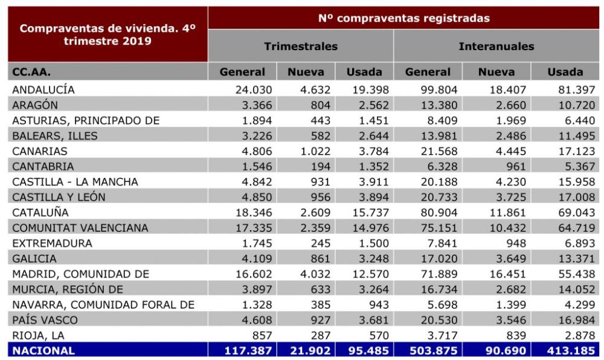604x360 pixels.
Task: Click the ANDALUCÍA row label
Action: (x=43, y=90)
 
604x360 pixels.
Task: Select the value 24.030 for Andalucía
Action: (x=254, y=90)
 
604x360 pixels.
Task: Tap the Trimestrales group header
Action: (x=301, y=46)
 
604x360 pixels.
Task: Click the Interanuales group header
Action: (x=496, y=46)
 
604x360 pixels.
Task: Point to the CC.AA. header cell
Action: (x=31, y=72)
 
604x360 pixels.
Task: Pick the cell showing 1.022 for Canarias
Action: (x=315, y=151)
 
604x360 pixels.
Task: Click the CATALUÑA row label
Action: (x=40, y=212)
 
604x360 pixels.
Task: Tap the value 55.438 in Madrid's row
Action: (x=577, y=274)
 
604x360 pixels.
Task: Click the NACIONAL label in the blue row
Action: (x=43, y=351)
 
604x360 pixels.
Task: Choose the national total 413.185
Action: (x=571, y=351)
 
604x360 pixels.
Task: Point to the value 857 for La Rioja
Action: (x=262, y=335)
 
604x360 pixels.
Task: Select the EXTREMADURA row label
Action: (x=52, y=243)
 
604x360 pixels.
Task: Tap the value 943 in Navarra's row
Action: (x=379, y=304)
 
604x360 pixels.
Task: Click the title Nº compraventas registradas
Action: (x=403, y=18)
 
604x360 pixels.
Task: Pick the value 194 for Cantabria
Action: (x=321, y=166)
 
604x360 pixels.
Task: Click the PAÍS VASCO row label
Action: (x=45, y=320)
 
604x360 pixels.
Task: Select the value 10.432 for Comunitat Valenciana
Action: (x=508, y=228)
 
